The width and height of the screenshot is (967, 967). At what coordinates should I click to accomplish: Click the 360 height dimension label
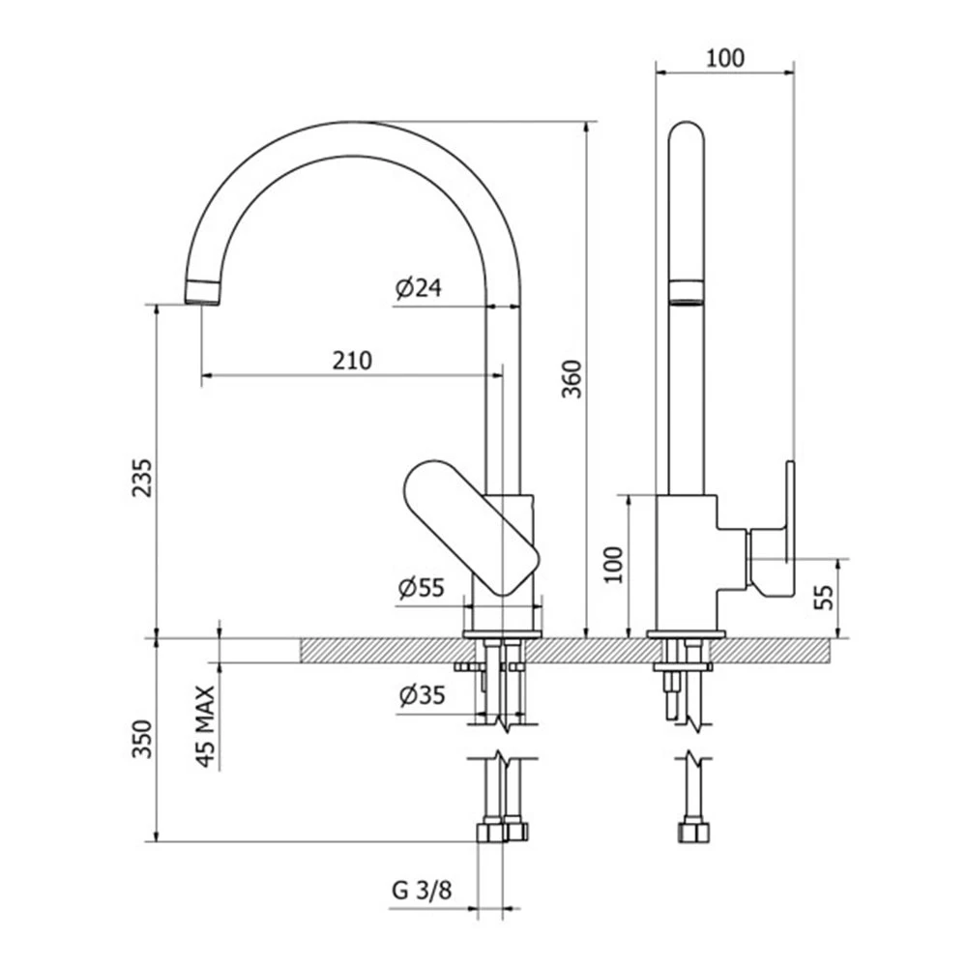pyautogui.click(x=572, y=379)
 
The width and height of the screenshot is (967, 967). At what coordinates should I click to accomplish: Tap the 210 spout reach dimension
pyautogui.click(x=352, y=360)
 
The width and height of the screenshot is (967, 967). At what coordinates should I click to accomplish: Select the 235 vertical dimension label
pyautogui.click(x=142, y=478)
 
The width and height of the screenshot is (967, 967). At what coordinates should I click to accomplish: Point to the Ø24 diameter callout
pyautogui.click(x=419, y=287)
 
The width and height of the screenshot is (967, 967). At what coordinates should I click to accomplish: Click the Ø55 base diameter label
pyautogui.click(x=422, y=587)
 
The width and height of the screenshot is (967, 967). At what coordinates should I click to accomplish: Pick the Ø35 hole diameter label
pyautogui.click(x=422, y=695)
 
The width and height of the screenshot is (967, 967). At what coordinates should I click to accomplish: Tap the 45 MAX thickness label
pyautogui.click(x=206, y=726)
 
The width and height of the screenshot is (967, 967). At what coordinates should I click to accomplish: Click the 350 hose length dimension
pyautogui.click(x=142, y=739)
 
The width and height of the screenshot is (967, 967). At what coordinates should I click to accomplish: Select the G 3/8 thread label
pyautogui.click(x=422, y=890)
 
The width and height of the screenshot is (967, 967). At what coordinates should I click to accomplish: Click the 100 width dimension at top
pyautogui.click(x=724, y=58)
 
